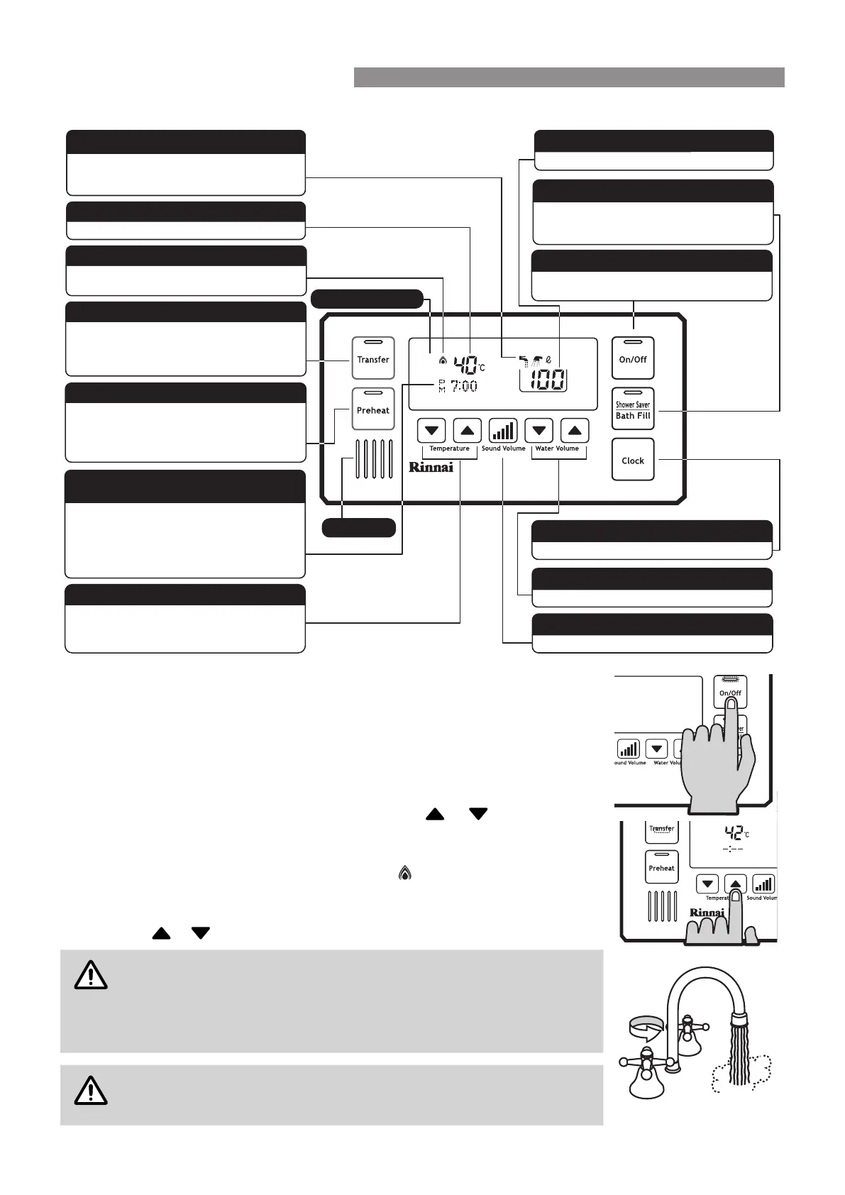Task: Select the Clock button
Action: pos(633,460)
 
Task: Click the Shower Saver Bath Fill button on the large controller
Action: pos(633,409)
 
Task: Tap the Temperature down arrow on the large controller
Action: pos(431,431)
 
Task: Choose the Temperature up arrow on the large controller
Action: pos(467,431)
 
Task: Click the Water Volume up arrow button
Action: pos(575,431)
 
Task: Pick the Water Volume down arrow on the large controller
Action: pos(539,431)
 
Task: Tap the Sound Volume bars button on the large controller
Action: pos(503,431)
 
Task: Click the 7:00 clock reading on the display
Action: pos(464,386)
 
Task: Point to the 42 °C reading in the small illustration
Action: pos(736,833)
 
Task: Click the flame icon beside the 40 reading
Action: pos(443,360)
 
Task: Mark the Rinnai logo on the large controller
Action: pos(431,467)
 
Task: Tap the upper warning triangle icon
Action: pos(91,975)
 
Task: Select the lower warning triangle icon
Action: pos(91,1091)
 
